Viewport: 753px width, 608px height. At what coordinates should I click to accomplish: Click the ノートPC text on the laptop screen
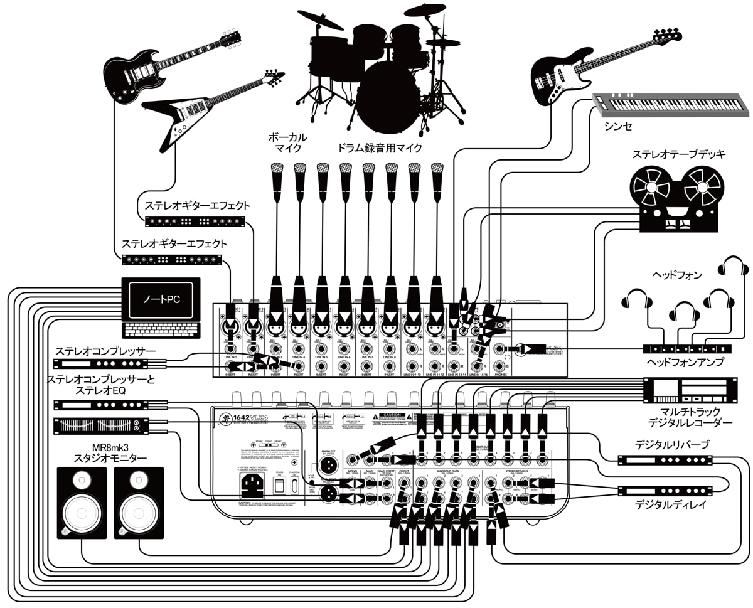[x=160, y=300]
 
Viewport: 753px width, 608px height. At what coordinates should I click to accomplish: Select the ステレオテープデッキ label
[x=678, y=154]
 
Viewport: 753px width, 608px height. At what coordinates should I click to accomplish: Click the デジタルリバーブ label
[x=671, y=444]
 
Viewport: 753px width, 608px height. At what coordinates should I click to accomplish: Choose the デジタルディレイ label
[x=670, y=504]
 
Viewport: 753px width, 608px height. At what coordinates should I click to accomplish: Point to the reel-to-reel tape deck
[x=676, y=198]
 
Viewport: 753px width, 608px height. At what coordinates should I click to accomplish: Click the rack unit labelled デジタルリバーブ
[x=666, y=460]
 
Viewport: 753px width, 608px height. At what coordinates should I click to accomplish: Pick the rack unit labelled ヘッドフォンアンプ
[x=687, y=348]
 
